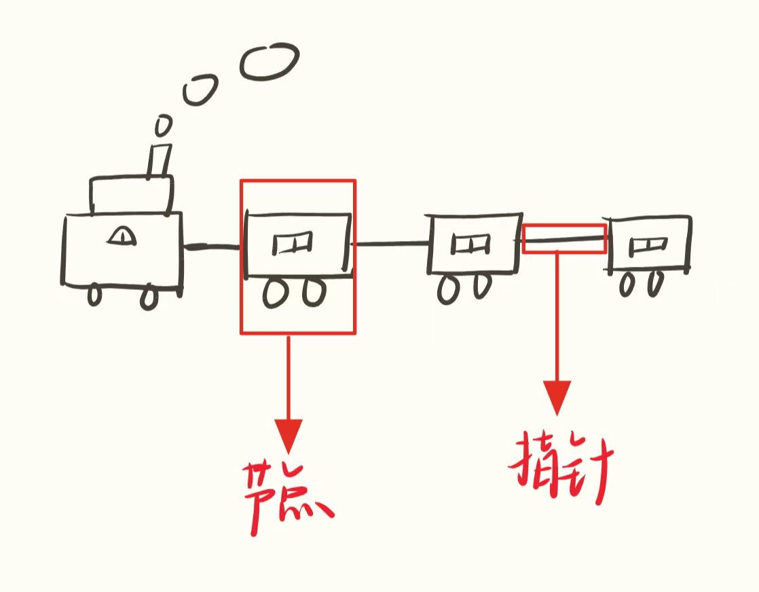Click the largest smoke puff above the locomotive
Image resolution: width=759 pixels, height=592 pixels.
270,62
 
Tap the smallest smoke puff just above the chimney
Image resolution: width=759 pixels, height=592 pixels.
163,125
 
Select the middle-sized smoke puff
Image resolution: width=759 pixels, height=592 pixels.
200,90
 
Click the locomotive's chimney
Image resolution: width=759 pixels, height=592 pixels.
160,160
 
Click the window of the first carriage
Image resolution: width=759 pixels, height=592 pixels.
293,242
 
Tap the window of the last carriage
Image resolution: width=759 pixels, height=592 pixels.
646,245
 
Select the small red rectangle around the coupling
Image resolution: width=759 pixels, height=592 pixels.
564,238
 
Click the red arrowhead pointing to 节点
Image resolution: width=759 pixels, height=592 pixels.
288,434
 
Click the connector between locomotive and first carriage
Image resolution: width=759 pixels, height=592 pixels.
212,246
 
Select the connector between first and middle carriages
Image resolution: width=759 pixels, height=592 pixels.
390,243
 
